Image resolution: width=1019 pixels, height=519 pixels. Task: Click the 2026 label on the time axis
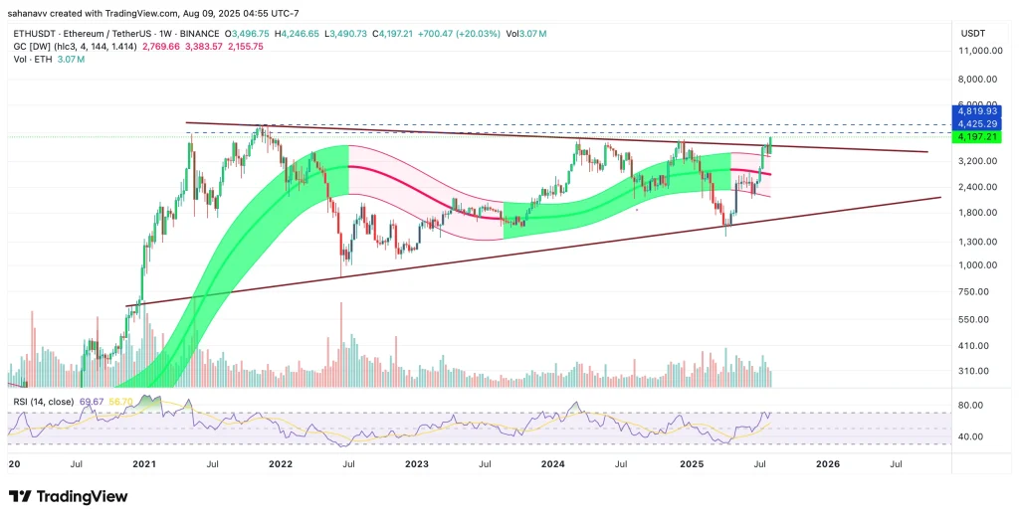click(828, 463)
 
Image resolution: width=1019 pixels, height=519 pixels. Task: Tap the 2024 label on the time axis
click(553, 463)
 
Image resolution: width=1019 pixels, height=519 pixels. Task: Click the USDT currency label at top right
click(972, 34)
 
